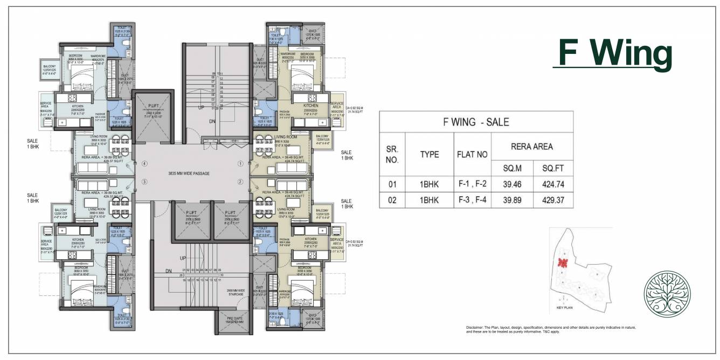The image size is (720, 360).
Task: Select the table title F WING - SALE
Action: [476, 122]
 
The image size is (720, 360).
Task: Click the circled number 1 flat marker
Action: [240, 163]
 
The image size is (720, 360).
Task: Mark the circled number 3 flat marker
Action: [144, 182]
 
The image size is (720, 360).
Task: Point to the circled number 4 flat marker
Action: [144, 163]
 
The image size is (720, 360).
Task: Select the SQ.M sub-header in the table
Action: [510, 169]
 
